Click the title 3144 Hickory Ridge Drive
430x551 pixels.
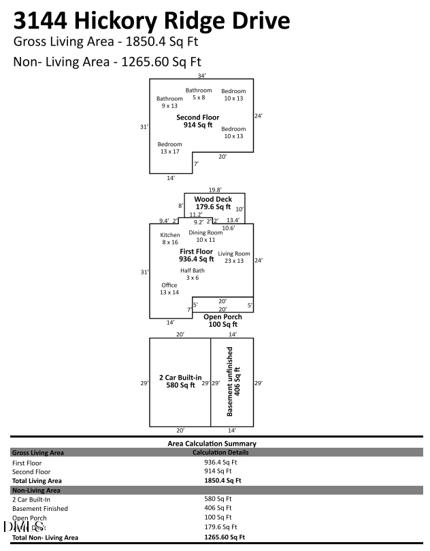(152, 20)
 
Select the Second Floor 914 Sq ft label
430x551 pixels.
(198, 121)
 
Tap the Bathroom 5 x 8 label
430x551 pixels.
(199, 94)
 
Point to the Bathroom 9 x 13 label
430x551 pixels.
(169, 102)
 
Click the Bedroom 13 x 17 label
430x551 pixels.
(169, 147)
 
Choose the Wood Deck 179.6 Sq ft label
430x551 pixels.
(213, 202)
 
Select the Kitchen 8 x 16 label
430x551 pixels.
(170, 238)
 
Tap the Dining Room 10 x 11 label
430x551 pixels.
(205, 236)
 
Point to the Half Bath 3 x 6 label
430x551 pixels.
(193, 274)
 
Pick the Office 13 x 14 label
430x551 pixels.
(169, 288)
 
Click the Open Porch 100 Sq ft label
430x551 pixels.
(223, 321)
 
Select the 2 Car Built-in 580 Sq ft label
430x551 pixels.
(180, 381)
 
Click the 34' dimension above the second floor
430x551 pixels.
(201, 75)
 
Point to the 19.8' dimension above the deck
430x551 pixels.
(215, 190)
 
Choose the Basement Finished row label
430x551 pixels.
(39, 508)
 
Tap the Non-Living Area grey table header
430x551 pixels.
(36, 489)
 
